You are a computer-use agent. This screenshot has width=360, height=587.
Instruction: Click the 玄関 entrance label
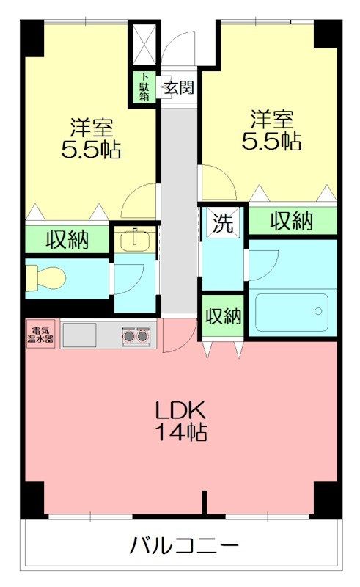point(180,88)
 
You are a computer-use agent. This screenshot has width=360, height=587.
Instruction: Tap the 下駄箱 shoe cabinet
point(144,87)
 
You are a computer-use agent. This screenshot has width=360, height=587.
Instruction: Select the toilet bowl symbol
point(45,277)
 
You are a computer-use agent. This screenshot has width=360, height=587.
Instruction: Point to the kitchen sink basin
point(79,335)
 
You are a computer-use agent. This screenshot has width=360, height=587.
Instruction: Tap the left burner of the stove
point(129,336)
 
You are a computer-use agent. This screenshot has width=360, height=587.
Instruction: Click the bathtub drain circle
point(318,310)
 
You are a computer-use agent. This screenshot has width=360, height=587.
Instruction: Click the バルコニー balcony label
point(184,546)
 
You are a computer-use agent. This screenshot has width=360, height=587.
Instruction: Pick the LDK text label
point(181,411)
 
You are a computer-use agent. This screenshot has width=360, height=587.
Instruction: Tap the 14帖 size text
point(181,432)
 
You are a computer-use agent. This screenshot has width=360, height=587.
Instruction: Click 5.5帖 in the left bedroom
point(91,150)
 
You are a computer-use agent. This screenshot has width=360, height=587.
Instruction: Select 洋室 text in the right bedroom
point(272,120)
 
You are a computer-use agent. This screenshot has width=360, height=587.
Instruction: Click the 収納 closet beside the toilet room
point(67,240)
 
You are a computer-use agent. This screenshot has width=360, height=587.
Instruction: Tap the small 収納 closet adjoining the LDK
point(224,317)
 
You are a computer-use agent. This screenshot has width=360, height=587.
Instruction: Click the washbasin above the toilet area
point(135,240)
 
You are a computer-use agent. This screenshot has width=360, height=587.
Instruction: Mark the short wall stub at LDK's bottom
point(205,503)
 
